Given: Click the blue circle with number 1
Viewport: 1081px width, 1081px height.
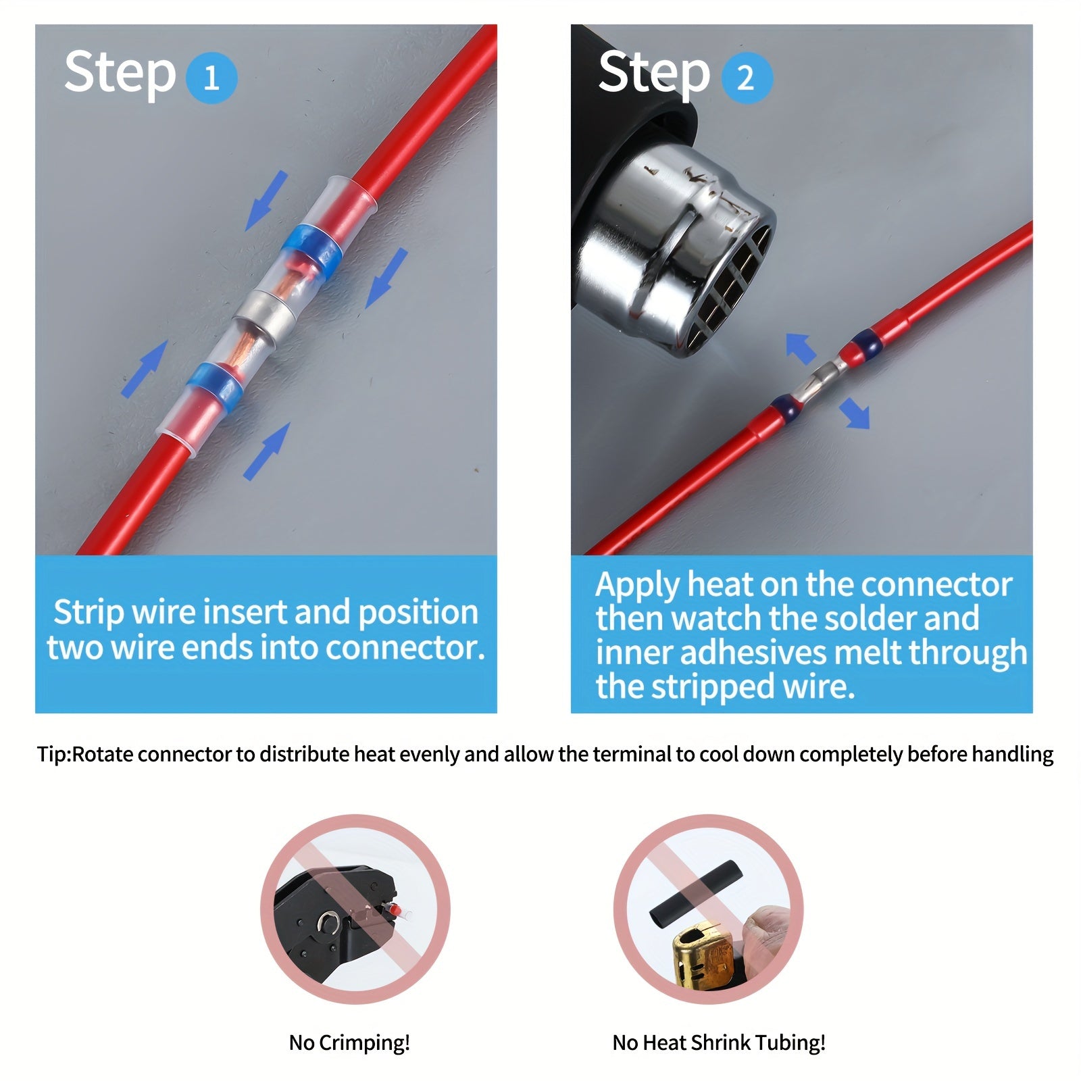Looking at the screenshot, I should click(211, 78).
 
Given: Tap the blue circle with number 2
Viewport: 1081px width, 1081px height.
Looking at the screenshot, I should click(746, 78).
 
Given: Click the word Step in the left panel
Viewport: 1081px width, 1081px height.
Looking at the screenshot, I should click(120, 73).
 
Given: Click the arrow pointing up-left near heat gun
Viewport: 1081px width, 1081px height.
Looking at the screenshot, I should click(801, 349).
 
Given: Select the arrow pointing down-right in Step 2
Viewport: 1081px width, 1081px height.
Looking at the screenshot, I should click(854, 413).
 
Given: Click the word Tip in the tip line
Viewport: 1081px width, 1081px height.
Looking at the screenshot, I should click(51, 754).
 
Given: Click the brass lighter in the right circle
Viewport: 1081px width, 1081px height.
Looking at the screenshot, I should click(703, 953).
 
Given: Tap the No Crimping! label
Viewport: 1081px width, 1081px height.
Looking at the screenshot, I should click(349, 1042).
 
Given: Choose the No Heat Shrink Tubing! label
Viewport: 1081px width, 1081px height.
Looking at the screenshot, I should click(719, 1042).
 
